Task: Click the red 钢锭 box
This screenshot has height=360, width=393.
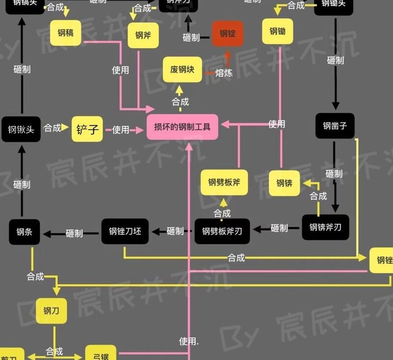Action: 227,33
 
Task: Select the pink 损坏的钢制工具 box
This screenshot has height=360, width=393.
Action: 182,127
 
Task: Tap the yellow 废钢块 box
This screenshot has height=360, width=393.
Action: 182,69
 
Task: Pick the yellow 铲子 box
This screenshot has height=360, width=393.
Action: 87,129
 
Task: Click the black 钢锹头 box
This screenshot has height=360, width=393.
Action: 21,129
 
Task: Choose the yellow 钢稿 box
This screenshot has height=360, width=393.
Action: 65,33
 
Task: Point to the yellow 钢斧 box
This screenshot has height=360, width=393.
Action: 143,35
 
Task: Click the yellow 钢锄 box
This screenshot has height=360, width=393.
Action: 278,32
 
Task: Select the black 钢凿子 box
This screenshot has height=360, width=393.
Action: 335,126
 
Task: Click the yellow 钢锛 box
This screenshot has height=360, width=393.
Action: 284,183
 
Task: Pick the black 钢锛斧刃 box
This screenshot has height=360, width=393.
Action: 325,228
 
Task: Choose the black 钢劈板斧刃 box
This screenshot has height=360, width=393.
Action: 222,231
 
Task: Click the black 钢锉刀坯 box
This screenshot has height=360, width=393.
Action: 125,231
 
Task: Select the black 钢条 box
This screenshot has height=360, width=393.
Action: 24,232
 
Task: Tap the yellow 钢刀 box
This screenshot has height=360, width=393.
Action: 51,311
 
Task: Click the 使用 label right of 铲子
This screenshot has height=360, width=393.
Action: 120,130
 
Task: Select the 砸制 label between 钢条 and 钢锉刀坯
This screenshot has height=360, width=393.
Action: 74,233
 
